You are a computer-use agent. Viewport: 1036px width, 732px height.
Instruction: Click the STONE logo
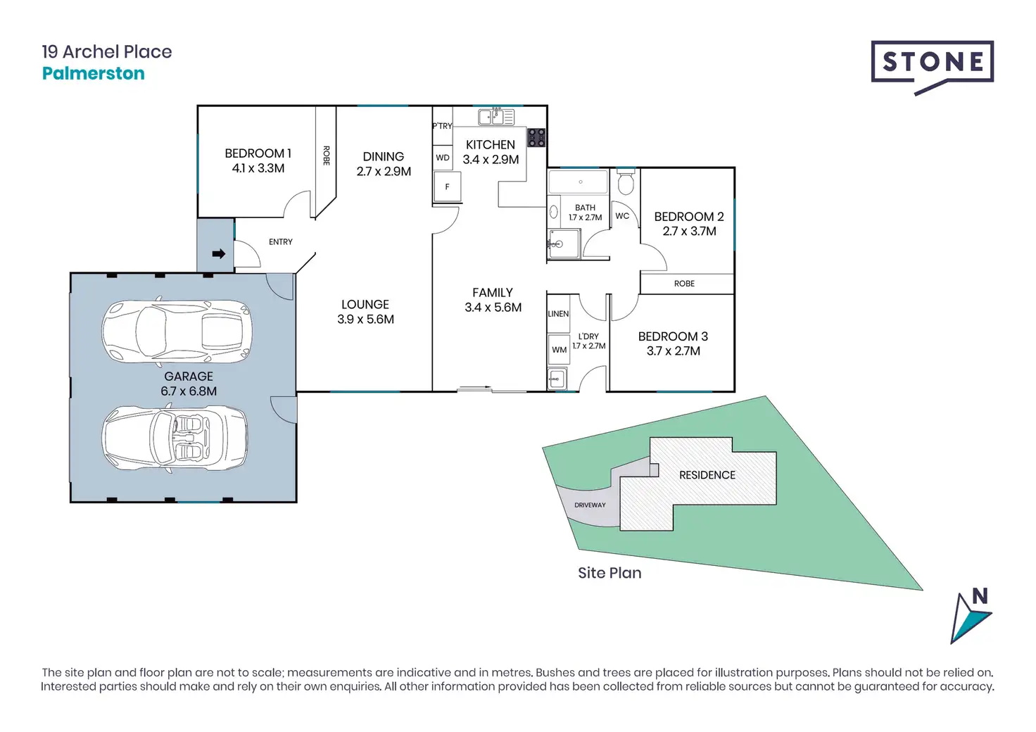[x=932, y=63]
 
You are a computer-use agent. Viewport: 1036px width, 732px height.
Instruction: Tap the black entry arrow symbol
[x=218, y=253]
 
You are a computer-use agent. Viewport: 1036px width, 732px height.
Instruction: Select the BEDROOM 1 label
[x=258, y=153]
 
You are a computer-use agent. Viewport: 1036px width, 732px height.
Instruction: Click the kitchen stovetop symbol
[x=536, y=137]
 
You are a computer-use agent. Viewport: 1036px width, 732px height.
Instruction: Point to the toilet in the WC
[x=625, y=183]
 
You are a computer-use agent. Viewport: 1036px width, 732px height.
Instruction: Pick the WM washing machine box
[x=560, y=350]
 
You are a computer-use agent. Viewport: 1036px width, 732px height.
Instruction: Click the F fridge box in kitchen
[x=447, y=187]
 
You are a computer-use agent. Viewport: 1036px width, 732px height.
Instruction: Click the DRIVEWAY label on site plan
[x=590, y=505]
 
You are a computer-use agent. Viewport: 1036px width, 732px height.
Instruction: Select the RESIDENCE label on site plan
[x=707, y=475]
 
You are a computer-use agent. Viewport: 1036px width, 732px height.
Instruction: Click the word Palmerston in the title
[x=93, y=73]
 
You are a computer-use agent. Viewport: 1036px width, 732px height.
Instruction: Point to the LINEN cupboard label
[x=558, y=314]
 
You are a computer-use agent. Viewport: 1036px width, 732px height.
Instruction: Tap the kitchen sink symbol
[x=496, y=116]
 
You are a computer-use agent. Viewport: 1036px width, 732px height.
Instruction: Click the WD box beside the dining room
[x=443, y=158]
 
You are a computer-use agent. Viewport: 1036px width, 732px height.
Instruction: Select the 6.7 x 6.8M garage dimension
[x=189, y=391]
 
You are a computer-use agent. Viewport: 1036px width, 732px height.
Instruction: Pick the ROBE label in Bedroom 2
[x=684, y=284]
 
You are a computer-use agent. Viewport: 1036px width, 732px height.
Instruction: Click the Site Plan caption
[x=609, y=573]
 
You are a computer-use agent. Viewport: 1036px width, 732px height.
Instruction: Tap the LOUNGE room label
[x=365, y=304]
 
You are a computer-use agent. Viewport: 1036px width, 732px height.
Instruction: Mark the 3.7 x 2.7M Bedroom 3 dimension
[x=673, y=351]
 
